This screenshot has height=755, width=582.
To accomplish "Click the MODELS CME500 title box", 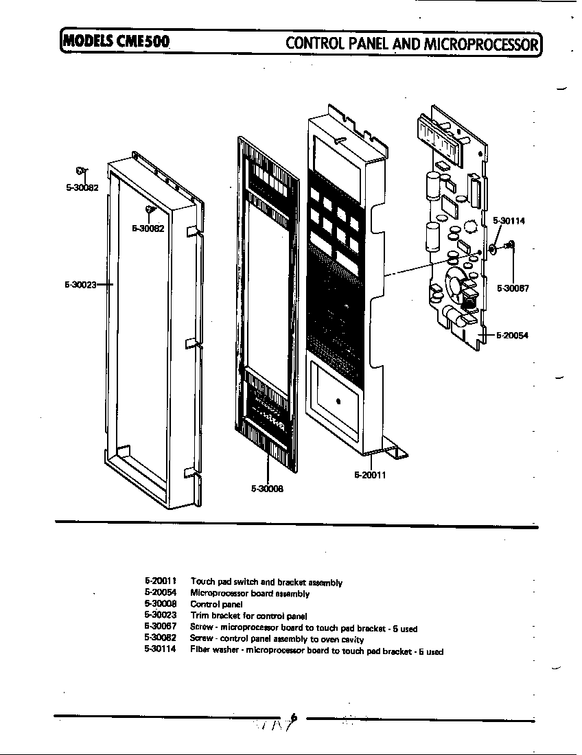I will pos(115,43).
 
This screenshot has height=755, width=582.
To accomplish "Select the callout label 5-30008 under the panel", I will pos(267,489).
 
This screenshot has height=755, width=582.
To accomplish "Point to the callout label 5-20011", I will pos(370,475).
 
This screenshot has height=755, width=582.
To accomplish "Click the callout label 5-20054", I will pos(511,335).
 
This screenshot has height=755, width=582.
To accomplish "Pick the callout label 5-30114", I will pos(509,221).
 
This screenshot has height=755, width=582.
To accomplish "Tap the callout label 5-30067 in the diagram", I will pos(512,289).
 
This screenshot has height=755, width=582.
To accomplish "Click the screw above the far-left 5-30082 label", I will pos(81,171).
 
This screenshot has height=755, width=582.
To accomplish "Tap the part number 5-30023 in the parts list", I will pos(161,616).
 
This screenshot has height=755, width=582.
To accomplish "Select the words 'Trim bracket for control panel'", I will pos(248,616).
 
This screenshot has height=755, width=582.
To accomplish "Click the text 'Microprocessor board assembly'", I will pos(250,593).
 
